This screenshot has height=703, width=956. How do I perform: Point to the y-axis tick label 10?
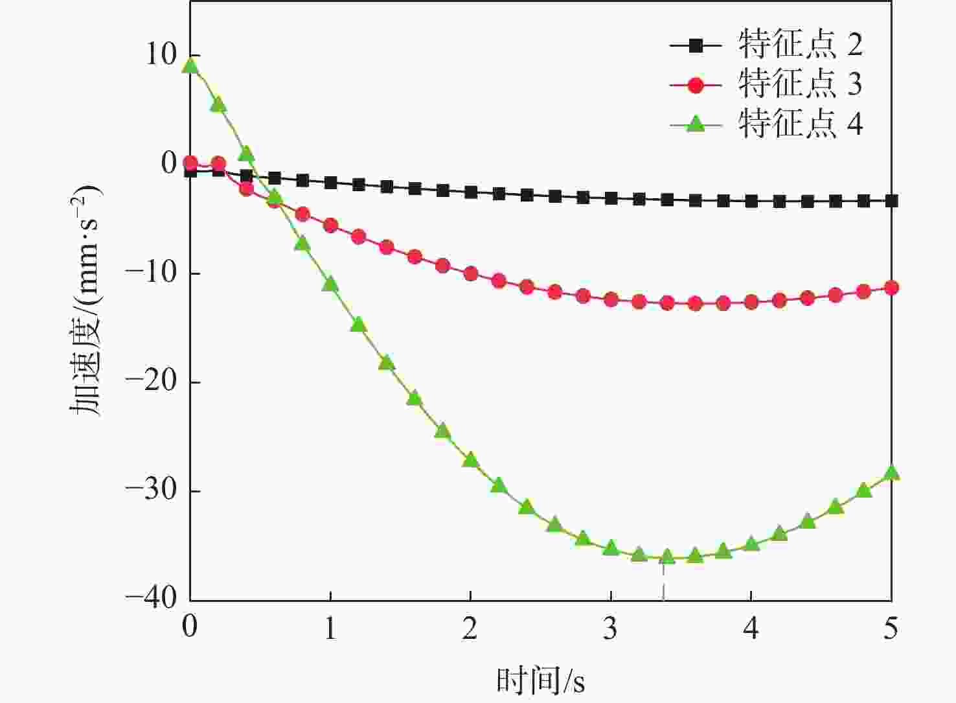[x=160, y=55]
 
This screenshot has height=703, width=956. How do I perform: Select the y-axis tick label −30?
[x=152, y=490]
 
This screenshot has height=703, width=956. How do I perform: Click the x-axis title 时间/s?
[x=541, y=680]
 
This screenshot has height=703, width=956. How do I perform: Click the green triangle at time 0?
[x=190, y=65]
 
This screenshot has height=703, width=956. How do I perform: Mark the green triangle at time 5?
[x=891, y=473]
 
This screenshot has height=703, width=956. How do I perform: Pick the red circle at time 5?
[x=891, y=288]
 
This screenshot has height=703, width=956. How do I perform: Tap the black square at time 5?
[x=891, y=201]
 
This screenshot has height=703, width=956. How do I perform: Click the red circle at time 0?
[x=190, y=163]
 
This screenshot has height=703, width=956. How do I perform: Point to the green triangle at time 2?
[x=470, y=460]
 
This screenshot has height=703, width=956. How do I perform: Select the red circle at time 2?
[x=470, y=274]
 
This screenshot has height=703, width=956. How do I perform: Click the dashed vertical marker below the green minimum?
[x=663, y=583]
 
